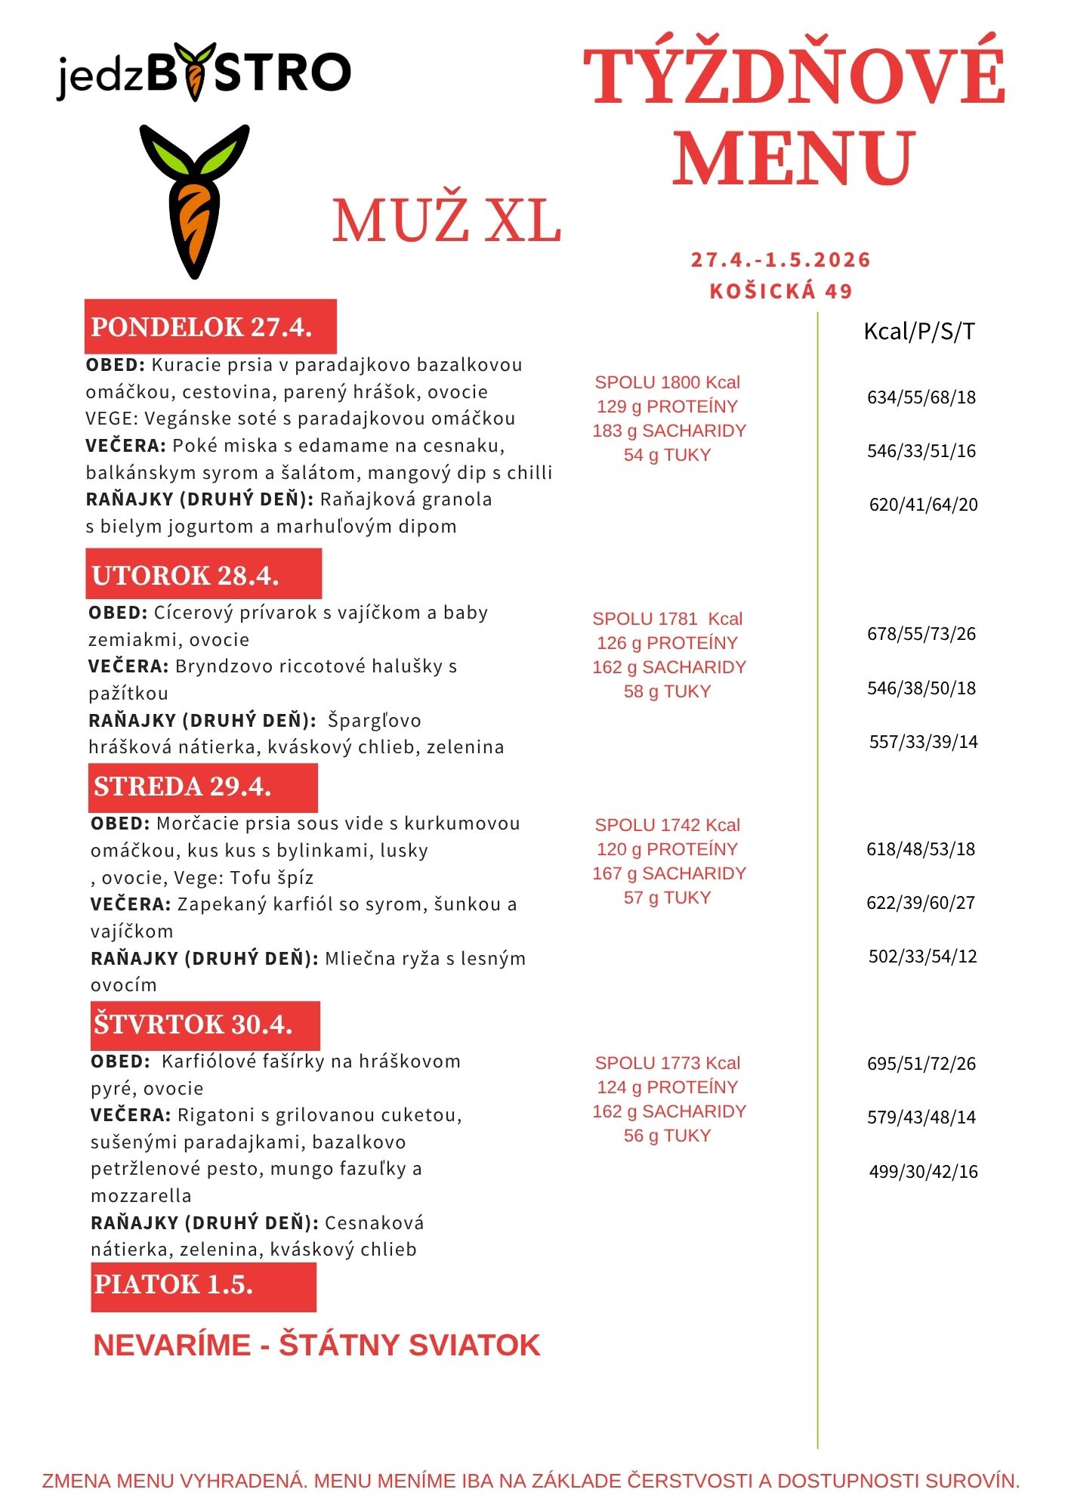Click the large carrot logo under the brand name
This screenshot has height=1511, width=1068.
point(194,201)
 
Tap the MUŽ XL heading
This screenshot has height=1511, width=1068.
point(446,221)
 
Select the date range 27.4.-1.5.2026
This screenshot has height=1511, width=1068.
point(781,260)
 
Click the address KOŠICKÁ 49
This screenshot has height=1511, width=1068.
point(781,291)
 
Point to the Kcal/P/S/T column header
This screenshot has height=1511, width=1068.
point(919,331)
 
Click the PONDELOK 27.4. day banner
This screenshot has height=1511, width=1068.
point(210,327)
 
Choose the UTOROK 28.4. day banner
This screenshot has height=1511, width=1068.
point(203,575)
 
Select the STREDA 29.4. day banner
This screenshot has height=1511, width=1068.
point(202,786)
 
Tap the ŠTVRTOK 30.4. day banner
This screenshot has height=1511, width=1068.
point(205,1024)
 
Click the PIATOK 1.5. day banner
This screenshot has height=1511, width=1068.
point(202,1284)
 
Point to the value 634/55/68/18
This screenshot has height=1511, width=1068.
point(921,397)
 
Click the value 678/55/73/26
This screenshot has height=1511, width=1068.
point(921,634)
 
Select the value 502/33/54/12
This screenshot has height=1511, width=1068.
point(922,956)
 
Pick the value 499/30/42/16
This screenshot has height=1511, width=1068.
point(923,1172)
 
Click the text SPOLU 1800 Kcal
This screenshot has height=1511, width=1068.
point(667,382)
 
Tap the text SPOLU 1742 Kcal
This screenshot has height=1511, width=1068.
point(667,825)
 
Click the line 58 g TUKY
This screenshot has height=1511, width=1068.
point(667,691)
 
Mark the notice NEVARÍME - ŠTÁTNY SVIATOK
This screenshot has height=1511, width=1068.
point(316,1346)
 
